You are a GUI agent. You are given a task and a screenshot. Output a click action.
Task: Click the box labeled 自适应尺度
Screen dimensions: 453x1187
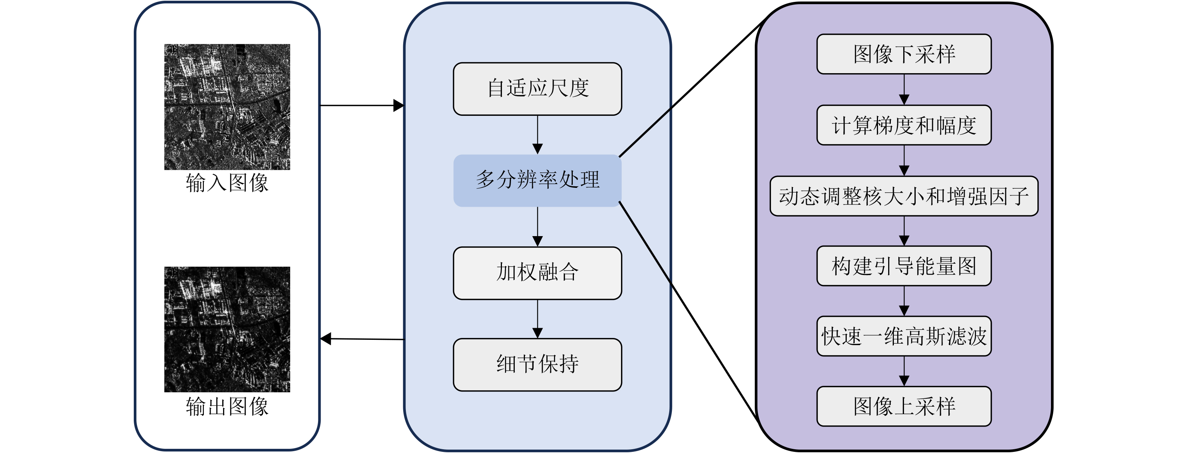(x=537, y=89)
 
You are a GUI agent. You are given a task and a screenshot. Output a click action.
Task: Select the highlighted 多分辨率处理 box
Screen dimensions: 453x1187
(x=537, y=180)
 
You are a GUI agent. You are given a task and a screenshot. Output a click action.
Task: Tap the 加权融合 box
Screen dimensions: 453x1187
(x=537, y=273)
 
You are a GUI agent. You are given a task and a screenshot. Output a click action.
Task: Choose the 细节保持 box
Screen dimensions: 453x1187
(x=537, y=364)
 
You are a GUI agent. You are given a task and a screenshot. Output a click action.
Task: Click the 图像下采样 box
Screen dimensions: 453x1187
(x=904, y=54)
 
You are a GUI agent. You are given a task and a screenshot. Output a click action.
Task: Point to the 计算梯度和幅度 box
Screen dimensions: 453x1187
(x=904, y=125)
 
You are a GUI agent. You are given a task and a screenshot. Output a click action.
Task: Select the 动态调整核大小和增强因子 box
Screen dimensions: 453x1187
(x=904, y=196)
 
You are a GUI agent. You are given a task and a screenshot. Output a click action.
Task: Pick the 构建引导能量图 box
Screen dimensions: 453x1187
(x=904, y=266)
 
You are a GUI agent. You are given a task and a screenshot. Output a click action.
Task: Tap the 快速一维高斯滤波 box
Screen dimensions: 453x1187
(x=904, y=336)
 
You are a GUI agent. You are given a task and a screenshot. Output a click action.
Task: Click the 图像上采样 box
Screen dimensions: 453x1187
(x=904, y=406)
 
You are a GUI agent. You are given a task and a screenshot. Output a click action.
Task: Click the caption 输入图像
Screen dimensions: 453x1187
(x=227, y=183)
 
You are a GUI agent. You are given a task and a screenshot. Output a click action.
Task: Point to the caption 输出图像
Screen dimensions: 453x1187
(x=227, y=406)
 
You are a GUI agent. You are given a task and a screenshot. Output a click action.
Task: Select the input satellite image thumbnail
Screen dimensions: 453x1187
(x=227, y=107)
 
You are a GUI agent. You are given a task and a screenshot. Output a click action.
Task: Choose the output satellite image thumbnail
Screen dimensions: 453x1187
(x=227, y=329)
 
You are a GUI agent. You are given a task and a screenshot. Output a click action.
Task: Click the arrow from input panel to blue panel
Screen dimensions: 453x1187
(x=362, y=106)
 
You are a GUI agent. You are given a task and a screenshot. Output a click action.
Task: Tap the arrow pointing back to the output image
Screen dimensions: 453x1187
(x=362, y=339)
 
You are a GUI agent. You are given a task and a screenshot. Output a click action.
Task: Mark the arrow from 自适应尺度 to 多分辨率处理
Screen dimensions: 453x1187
(x=537, y=135)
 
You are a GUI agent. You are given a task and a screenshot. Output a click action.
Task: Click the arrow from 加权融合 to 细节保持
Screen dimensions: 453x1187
(x=537, y=319)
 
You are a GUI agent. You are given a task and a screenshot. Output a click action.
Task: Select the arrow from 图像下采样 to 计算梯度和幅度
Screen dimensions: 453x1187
(x=904, y=89)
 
